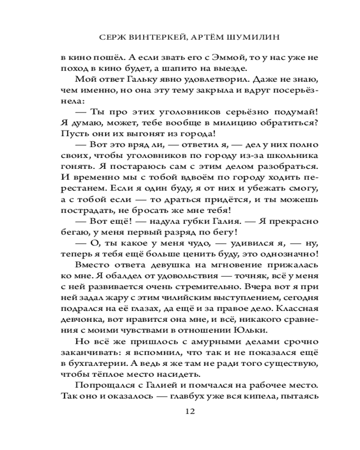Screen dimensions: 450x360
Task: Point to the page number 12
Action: coord(189,411)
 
